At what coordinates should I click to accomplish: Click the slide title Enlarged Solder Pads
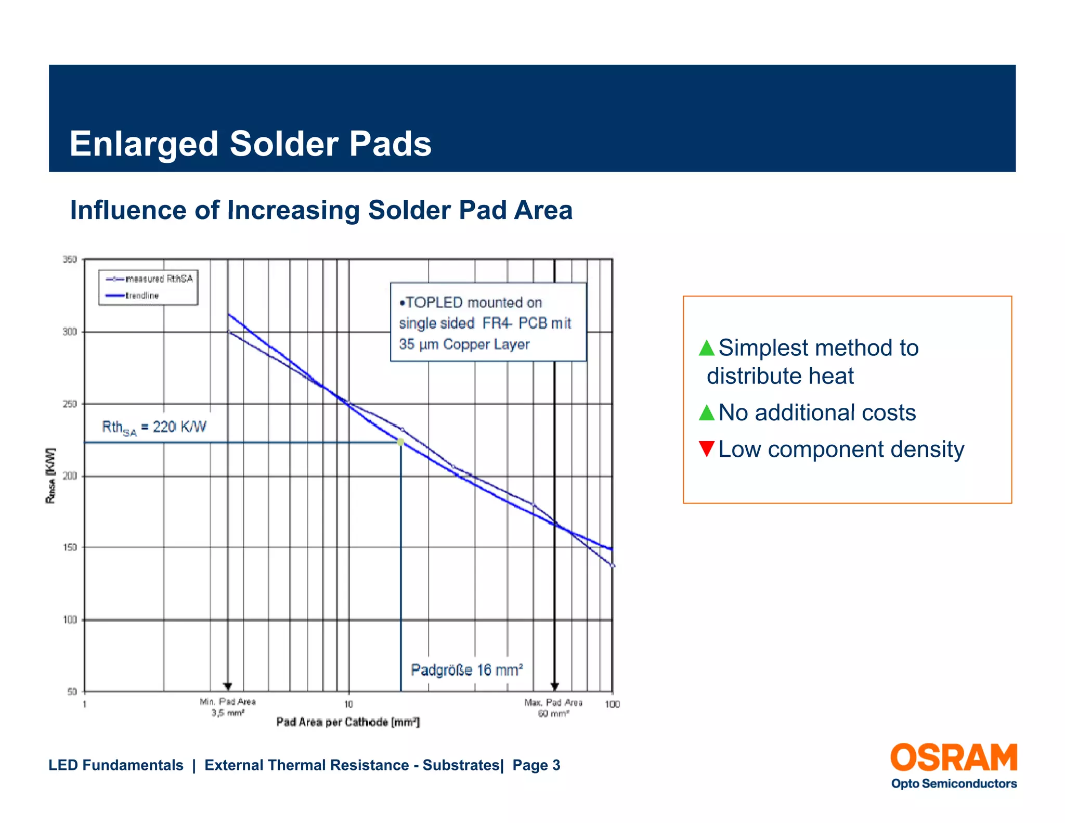pyautogui.click(x=250, y=144)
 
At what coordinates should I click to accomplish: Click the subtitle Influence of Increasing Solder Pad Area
pyautogui.click(x=321, y=210)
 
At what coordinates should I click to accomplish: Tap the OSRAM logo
pyautogui.click(x=953, y=758)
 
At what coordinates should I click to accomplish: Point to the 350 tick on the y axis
pyautogui.click(x=70, y=259)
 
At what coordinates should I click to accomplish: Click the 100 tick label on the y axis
pyautogui.click(x=70, y=620)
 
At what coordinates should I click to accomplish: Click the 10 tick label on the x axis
pyautogui.click(x=348, y=704)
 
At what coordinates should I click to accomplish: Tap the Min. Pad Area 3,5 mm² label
pyautogui.click(x=228, y=707)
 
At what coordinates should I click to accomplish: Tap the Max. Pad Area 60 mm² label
pyautogui.click(x=553, y=708)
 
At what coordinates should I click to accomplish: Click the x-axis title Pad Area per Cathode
pyautogui.click(x=347, y=722)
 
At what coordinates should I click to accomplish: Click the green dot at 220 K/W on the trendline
pyautogui.click(x=400, y=442)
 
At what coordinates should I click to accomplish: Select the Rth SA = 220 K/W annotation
pyautogui.click(x=154, y=428)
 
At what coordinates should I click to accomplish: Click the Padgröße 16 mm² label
pyautogui.click(x=466, y=670)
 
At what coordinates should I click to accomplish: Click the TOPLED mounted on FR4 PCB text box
pyautogui.click(x=488, y=323)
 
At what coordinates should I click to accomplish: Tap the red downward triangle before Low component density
pyautogui.click(x=706, y=448)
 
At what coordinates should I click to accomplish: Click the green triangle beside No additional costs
pyautogui.click(x=706, y=413)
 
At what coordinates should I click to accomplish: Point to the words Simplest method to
pyautogui.click(x=818, y=348)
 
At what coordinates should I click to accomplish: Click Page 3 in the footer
pyautogui.click(x=536, y=765)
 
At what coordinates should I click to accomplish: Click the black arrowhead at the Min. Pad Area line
pyautogui.click(x=227, y=687)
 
